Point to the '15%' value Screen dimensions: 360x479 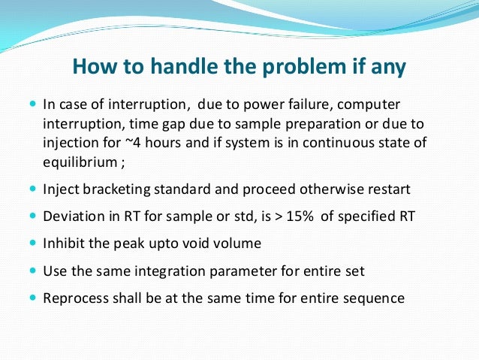[299, 216]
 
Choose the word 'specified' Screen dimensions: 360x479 [361, 216]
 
